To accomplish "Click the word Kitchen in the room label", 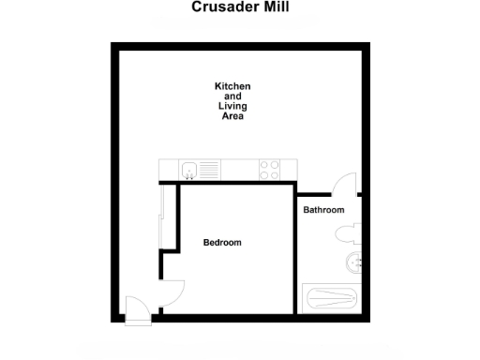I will pos(232,86).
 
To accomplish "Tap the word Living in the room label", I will pos(232,107).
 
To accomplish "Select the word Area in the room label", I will pos(232,117).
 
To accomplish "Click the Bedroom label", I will pos(222,243).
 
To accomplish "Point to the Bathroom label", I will pos(323,210).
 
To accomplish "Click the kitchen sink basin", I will pos(189,170).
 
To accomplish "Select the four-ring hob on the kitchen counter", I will pos(270,170).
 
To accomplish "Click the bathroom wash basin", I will pos(353,262).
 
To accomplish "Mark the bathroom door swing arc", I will pos(343,184).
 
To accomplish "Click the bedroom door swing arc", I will pos(173,292).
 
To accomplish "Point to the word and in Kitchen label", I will pos(232,97).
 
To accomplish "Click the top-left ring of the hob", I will pos(264,165).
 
